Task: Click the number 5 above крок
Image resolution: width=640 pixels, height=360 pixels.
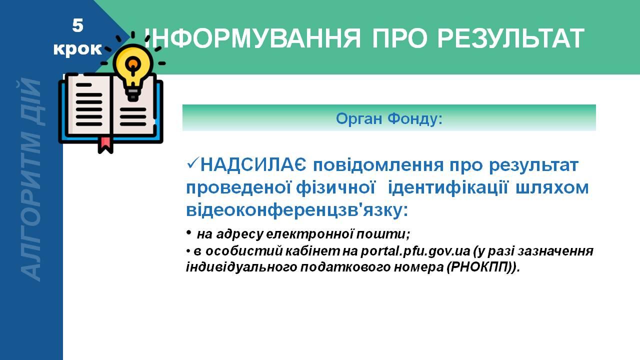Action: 77,25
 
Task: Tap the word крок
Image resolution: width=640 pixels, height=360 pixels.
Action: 77,49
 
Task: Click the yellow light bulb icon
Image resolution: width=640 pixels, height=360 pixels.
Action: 133,72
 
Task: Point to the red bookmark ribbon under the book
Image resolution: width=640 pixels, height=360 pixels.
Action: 105,144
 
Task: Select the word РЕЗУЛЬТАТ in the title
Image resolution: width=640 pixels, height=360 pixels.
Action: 510,38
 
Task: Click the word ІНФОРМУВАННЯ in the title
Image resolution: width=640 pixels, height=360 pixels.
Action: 252,38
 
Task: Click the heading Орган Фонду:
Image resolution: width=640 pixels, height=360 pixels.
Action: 389,118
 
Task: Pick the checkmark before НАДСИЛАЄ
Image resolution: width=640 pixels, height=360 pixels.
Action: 192,164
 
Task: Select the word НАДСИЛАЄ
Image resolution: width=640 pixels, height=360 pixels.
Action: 253,165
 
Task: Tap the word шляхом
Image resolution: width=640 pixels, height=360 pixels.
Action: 552,188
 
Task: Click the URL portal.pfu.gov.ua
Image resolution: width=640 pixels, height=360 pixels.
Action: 415,251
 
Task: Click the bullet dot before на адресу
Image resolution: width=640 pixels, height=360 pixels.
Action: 188,232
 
